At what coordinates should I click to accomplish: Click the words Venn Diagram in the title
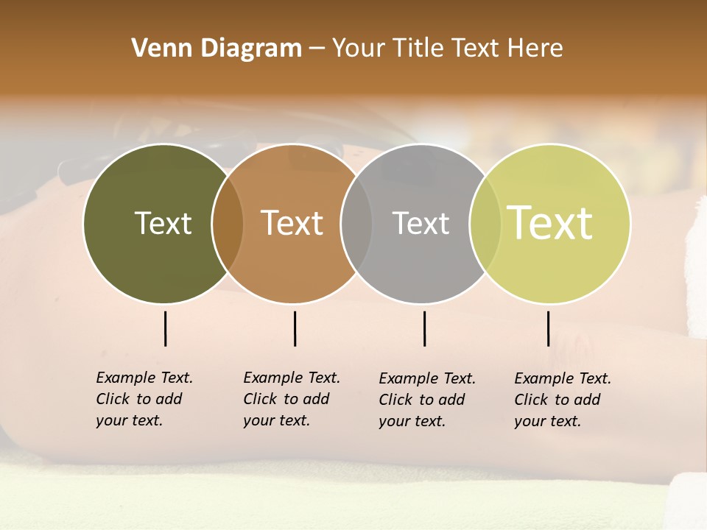click(217, 49)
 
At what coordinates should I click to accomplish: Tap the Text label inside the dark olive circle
click(163, 223)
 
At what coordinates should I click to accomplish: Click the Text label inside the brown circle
click(292, 223)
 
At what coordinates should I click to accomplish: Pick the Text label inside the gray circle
click(421, 223)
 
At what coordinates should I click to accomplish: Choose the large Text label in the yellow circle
click(550, 222)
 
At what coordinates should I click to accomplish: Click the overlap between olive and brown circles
click(228, 224)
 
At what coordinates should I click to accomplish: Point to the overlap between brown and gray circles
click(356, 224)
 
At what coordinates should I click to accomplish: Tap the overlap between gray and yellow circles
click(485, 224)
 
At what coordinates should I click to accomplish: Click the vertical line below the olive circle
click(166, 328)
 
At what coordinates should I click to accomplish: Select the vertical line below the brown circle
click(295, 328)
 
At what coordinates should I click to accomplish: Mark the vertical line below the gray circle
click(425, 328)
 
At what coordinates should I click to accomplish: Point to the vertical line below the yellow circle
click(549, 328)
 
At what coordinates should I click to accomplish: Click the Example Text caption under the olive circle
click(144, 399)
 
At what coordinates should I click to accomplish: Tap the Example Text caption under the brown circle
click(292, 399)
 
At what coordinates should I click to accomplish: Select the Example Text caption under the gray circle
click(427, 400)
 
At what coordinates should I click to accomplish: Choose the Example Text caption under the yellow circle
click(563, 400)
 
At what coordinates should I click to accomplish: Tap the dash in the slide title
click(317, 49)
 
